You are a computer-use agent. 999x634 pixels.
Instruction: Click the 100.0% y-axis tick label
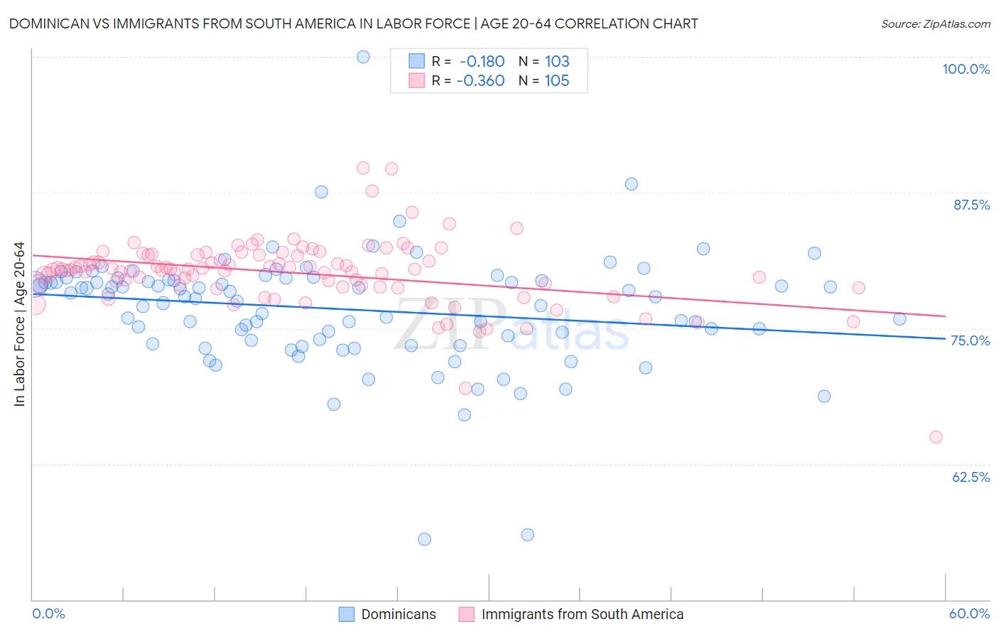[966, 69]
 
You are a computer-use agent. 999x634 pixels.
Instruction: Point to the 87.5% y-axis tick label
[971, 205]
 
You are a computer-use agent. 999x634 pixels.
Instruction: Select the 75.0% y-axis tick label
[971, 340]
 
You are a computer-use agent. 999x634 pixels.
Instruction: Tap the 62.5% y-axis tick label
[971, 477]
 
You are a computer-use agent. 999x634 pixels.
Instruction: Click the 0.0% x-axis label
[48, 613]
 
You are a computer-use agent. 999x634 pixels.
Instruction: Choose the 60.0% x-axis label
[969, 613]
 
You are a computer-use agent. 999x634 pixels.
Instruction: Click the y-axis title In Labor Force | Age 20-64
[19, 324]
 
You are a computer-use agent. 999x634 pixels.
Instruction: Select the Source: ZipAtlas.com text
[935, 23]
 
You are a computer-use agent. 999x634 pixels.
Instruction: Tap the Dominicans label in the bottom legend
[399, 614]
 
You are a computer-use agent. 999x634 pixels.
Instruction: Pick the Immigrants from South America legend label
[582, 614]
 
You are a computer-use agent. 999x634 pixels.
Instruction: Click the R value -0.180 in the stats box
[482, 61]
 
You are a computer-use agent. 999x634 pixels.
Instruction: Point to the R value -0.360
[481, 80]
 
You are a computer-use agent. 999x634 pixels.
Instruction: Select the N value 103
[557, 61]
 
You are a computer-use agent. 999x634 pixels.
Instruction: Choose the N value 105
[557, 80]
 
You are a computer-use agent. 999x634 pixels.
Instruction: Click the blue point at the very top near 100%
[363, 57]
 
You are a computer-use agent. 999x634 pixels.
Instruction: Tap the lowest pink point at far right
[936, 437]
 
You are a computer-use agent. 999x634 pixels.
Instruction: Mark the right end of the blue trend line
[945, 338]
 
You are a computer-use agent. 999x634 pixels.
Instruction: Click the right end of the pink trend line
[945, 316]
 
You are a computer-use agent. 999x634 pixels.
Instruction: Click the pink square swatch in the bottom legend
[466, 614]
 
